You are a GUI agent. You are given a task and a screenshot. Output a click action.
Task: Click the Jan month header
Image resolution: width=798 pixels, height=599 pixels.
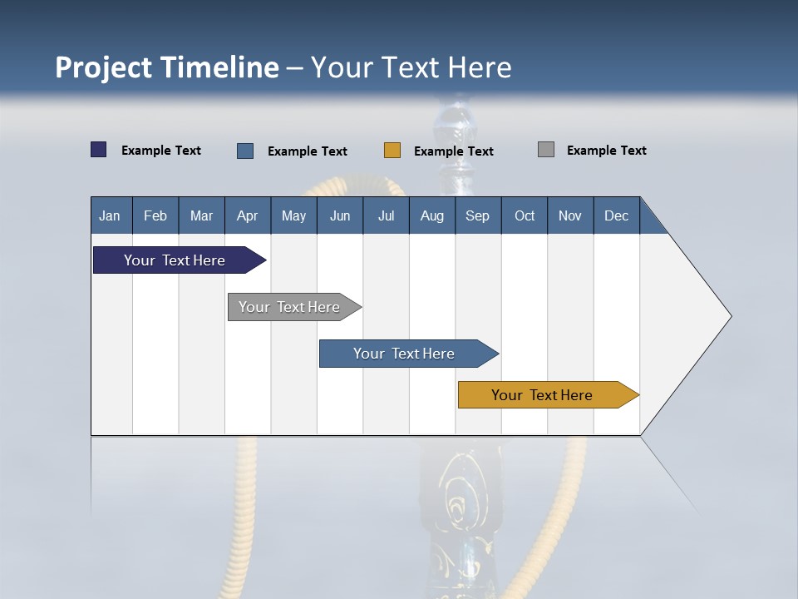(x=110, y=216)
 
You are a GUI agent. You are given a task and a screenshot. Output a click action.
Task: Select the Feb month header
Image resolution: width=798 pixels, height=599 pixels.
(x=155, y=216)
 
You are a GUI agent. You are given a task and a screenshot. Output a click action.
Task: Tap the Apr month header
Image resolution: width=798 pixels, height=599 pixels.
(x=247, y=216)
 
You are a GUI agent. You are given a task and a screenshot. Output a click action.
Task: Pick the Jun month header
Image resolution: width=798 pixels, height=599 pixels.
(x=340, y=216)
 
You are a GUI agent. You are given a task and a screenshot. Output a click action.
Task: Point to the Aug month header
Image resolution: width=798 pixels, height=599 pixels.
(x=431, y=216)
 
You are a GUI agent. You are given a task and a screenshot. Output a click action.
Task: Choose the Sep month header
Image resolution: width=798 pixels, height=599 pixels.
(x=477, y=216)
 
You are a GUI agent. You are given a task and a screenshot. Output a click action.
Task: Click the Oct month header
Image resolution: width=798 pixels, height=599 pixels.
(x=525, y=216)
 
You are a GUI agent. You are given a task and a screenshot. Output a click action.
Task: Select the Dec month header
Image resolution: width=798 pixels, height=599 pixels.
(x=616, y=216)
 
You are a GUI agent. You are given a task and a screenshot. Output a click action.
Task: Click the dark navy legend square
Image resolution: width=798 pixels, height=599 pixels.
(x=99, y=150)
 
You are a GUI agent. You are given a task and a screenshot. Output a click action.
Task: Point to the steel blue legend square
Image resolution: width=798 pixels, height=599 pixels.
(x=245, y=151)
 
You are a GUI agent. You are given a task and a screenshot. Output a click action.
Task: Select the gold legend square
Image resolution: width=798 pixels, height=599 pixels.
(x=392, y=151)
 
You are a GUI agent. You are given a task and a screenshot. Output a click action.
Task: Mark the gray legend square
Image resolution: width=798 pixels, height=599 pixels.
(x=546, y=150)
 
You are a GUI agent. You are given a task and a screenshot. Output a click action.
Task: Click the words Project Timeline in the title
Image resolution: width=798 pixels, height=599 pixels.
(x=167, y=67)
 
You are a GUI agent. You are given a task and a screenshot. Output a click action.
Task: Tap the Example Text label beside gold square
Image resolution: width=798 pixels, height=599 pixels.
(x=454, y=151)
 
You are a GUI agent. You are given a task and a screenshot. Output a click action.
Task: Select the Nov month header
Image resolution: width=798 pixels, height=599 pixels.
(x=569, y=216)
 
